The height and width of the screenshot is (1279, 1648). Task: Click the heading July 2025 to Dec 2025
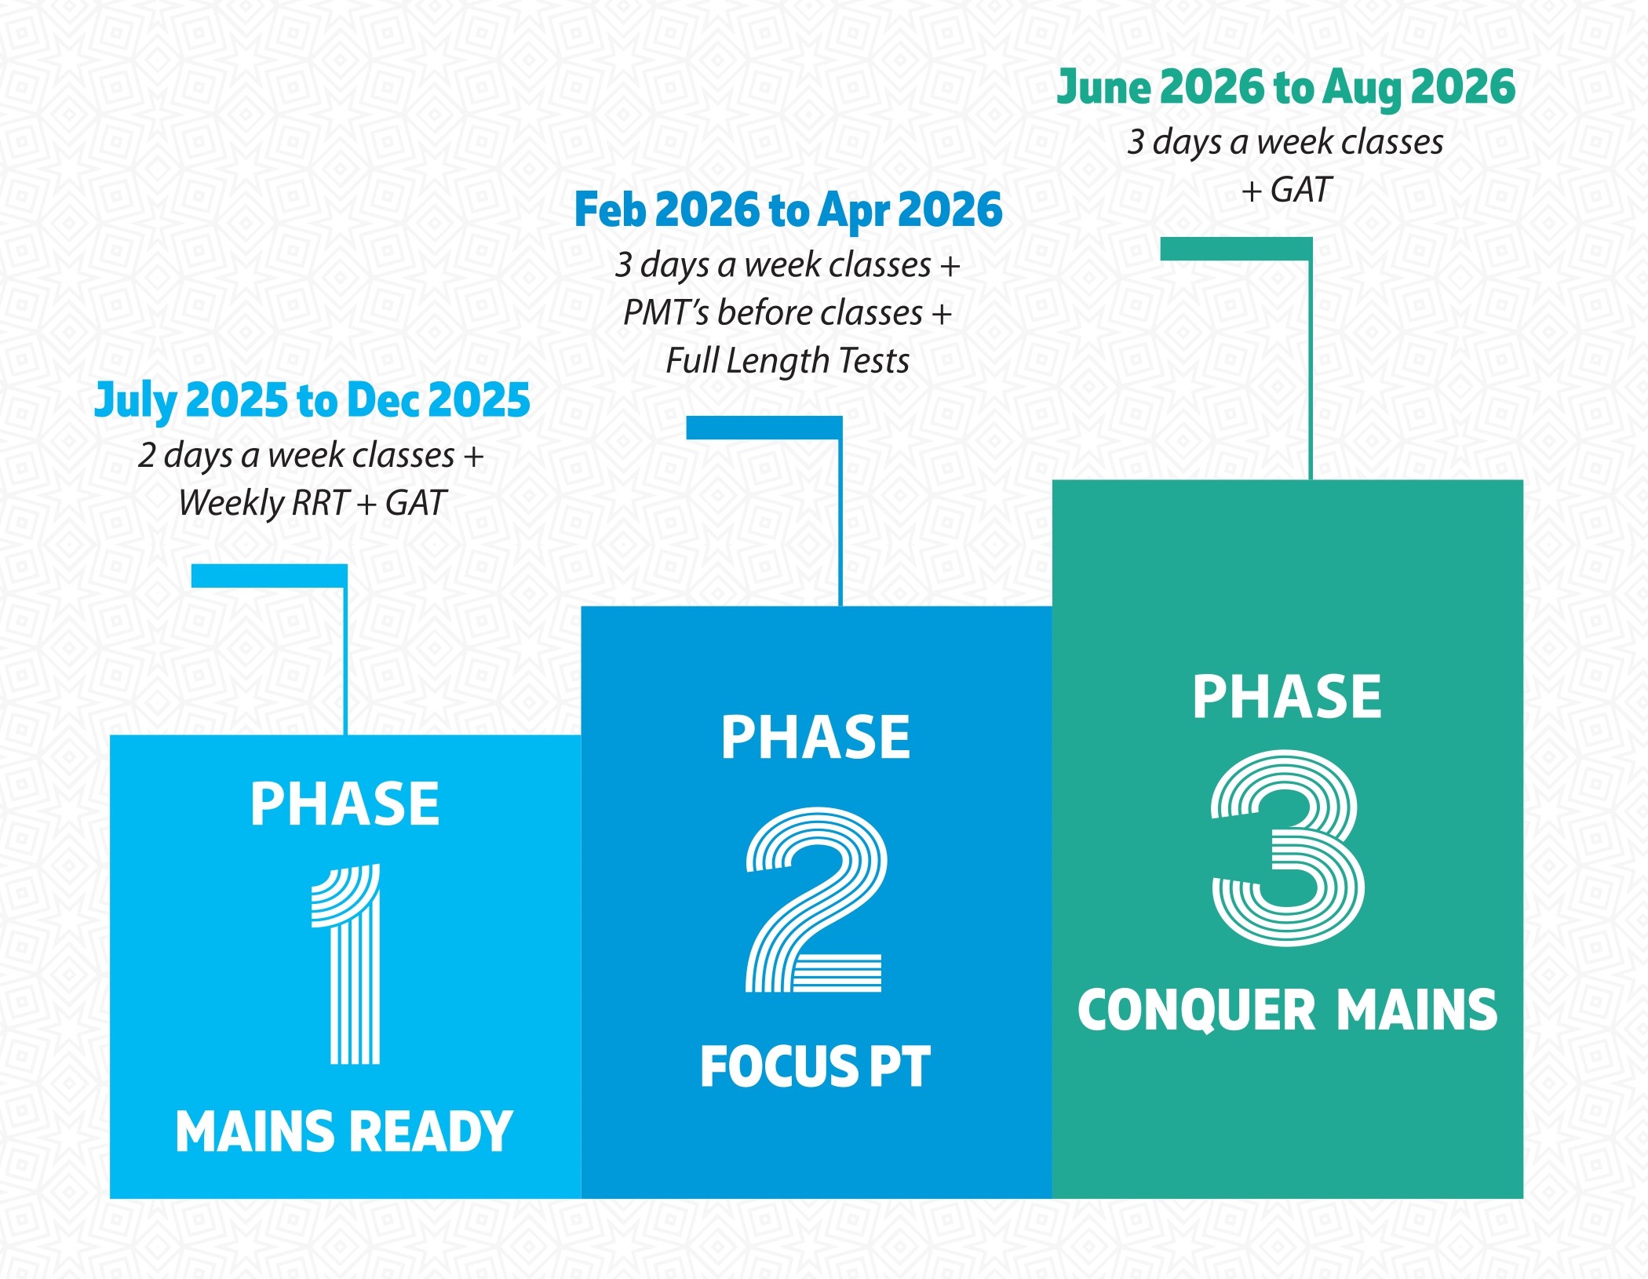(x=312, y=401)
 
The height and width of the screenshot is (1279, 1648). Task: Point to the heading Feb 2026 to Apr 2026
(x=789, y=210)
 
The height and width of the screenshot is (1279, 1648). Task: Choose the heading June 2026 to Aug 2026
(x=1286, y=87)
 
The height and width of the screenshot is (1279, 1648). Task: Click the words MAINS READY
(x=344, y=1131)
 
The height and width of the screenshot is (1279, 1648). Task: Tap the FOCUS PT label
(x=815, y=1067)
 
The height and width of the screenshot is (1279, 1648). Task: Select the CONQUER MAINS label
(x=1288, y=1010)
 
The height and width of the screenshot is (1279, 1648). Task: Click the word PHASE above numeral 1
(x=345, y=804)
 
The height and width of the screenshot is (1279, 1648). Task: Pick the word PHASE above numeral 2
(x=816, y=738)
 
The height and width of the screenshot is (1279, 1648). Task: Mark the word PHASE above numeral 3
(x=1287, y=697)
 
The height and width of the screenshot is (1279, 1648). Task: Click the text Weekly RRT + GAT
(x=312, y=504)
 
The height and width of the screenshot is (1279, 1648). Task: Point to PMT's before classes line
(x=788, y=313)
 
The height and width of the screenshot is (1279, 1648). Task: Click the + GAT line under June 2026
(x=1286, y=190)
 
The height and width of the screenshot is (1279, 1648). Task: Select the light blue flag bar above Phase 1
(x=269, y=575)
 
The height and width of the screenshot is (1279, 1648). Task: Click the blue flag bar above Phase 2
(x=764, y=428)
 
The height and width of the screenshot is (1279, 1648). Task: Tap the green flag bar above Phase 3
(x=1236, y=249)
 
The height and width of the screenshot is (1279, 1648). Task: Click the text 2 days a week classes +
(x=311, y=456)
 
